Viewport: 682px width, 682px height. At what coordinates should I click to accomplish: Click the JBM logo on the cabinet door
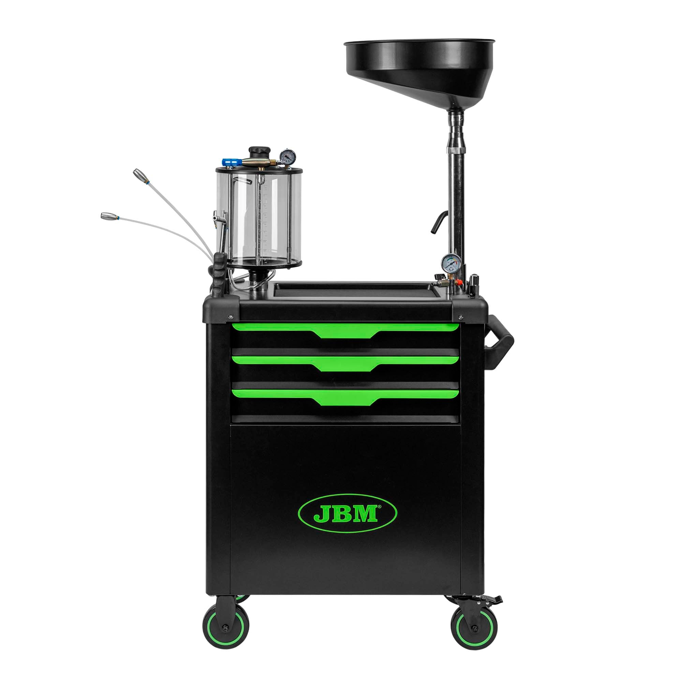[347, 514]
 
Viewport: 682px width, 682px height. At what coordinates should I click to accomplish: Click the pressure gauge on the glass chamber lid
[288, 157]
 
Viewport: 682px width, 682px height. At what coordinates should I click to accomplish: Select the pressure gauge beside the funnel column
[451, 263]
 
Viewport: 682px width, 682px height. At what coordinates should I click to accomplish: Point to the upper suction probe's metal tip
[139, 174]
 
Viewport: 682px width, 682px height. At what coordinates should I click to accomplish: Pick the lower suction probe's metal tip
[108, 216]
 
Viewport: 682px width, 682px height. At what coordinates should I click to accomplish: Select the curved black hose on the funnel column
[439, 221]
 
